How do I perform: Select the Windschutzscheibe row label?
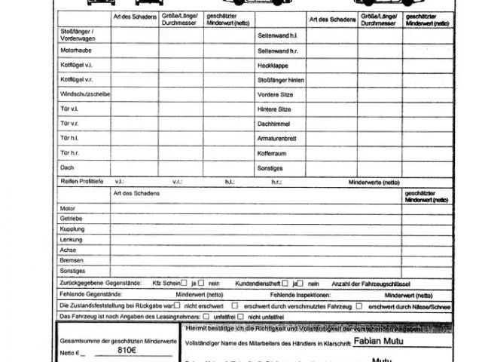tap(85, 94)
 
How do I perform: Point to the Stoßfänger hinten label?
tap(281, 80)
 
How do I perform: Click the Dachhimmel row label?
tap(273, 123)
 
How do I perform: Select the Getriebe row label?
tap(72, 217)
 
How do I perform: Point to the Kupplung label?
tap(72, 228)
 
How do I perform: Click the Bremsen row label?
tap(72, 259)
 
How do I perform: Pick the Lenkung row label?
tap(72, 238)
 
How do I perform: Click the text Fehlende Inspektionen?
tap(300, 294)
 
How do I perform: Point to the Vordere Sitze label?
tap(274, 94)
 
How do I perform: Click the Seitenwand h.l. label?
tap(276, 36)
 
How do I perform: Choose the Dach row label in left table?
tap(67, 167)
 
